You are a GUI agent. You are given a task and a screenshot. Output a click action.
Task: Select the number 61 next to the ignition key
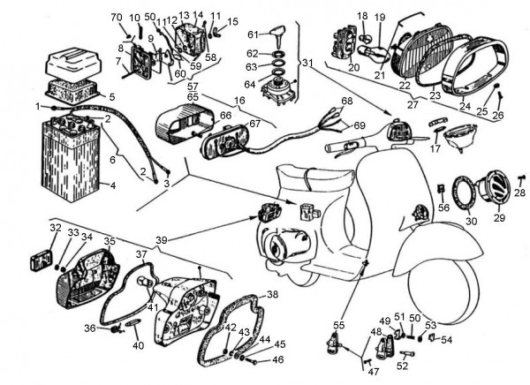pos(253,34)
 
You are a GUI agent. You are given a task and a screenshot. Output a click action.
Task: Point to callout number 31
pos(307,63)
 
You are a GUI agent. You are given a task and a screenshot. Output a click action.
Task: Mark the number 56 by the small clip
pos(443,208)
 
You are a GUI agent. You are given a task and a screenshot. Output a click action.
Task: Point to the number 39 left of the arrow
pos(160,239)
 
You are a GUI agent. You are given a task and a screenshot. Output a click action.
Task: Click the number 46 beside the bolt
pos(277,359)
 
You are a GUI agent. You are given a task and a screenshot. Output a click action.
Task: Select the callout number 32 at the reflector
pos(55,228)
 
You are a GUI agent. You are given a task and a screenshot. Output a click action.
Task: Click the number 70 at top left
pos(116,18)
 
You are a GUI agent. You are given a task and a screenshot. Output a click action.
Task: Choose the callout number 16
pos(239,101)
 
